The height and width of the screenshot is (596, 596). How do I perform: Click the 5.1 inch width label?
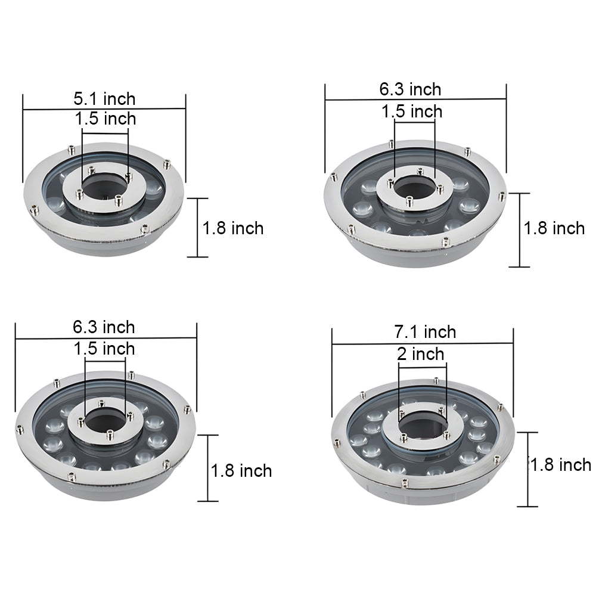pos(104,98)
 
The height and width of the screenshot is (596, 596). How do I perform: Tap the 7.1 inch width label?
pos(426,331)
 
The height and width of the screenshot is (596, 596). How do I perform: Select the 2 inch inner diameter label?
pos(420,355)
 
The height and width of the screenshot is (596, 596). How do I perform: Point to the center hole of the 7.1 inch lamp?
pos(423,425)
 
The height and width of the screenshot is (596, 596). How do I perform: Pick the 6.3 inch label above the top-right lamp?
pos(411,89)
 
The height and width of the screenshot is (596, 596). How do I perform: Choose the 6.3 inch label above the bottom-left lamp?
pos(104,327)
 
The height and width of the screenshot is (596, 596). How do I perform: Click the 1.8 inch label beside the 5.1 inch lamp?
pos(232,228)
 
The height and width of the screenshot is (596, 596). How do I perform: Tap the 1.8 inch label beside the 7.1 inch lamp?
pos(560,465)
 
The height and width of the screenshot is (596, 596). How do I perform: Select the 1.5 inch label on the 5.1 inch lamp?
pos(105,119)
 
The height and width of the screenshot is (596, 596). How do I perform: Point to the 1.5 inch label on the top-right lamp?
pos(412,111)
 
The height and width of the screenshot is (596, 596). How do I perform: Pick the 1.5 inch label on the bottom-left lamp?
pos(105,348)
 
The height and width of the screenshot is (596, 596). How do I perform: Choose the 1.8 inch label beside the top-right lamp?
pos(554,228)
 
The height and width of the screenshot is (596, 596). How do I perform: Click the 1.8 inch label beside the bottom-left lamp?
pos(241,471)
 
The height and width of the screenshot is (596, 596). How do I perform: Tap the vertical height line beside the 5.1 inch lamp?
pos(198,228)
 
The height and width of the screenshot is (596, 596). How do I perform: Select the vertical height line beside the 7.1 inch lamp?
pos(527,469)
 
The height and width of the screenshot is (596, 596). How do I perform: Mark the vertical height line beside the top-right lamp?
pos(520,229)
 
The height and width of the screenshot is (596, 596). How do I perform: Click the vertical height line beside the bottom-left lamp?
pos(207,468)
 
